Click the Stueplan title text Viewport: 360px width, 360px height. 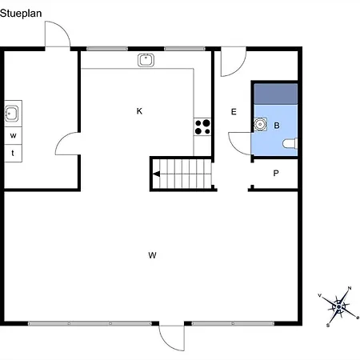tap(21, 14)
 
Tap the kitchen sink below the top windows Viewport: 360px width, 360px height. tap(146, 60)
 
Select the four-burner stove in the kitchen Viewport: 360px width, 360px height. tap(202, 126)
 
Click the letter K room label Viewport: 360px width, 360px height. tap(139, 111)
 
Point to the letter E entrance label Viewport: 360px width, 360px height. tap(234, 112)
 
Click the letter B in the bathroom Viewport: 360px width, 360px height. tap(277, 126)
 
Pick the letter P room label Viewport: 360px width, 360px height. tap(276, 174)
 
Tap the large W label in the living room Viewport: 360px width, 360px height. tap(152, 255)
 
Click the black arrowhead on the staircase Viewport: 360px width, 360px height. tap(156, 174)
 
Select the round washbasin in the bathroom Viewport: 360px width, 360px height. tap(260, 124)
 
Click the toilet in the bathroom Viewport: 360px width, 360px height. tap(290, 143)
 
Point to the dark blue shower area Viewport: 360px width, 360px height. tap(276, 94)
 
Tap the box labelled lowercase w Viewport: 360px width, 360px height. tap(13, 136)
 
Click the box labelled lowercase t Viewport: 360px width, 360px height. tap(13, 153)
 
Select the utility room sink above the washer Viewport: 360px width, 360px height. tap(11, 114)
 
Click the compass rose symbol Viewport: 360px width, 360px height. tap(338, 306)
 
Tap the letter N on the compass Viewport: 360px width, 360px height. tap(350, 288)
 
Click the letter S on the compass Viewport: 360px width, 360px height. tap(328, 326)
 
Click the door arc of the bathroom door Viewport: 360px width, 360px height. tap(234, 147)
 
